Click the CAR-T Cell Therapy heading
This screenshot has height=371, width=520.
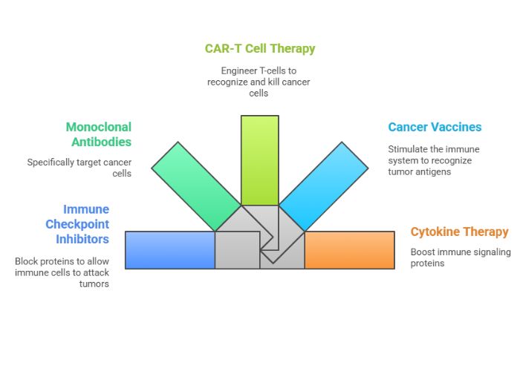click(x=260, y=49)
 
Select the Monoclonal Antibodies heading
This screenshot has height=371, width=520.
click(x=98, y=134)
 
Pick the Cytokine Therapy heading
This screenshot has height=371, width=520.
click(x=459, y=232)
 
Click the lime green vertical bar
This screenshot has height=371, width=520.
click(x=260, y=160)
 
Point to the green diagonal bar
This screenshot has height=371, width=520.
click(x=195, y=185)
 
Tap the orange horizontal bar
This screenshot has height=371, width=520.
click(x=349, y=250)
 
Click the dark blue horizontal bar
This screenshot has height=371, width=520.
click(x=169, y=250)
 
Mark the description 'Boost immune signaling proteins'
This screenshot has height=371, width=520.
click(x=461, y=257)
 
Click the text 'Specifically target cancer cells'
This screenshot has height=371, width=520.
click(x=79, y=168)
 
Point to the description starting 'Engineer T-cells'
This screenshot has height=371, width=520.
click(x=259, y=82)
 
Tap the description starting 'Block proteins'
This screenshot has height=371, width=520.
click(x=62, y=272)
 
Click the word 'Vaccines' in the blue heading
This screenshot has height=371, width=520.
click(x=454, y=127)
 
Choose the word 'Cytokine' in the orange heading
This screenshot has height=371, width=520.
click(x=436, y=232)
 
